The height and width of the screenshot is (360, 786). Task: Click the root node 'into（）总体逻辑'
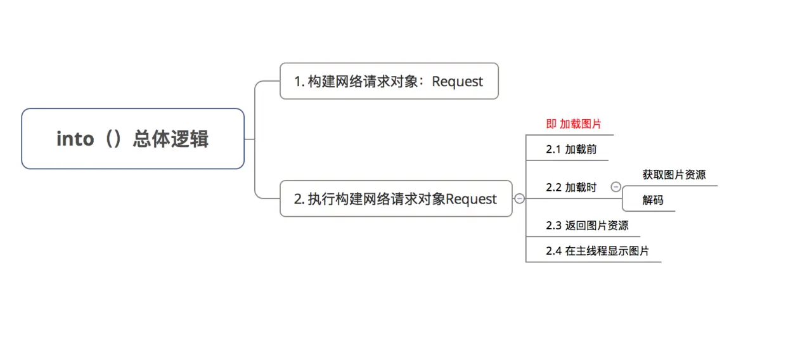click(x=132, y=139)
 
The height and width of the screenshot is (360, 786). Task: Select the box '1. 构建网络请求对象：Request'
click(x=389, y=81)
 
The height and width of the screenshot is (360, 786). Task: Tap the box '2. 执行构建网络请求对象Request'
click(x=396, y=198)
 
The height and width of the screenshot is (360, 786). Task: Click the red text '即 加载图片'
click(x=574, y=124)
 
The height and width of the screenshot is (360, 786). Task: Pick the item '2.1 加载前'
click(x=570, y=150)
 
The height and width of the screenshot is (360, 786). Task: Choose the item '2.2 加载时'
click(x=570, y=188)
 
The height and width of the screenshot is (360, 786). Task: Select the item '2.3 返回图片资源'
click(x=587, y=226)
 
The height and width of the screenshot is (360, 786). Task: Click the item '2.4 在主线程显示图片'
click(x=597, y=251)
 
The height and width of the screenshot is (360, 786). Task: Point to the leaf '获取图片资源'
click(x=674, y=175)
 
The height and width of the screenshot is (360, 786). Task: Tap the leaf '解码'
click(x=653, y=200)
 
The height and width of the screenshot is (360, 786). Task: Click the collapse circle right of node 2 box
click(x=519, y=198)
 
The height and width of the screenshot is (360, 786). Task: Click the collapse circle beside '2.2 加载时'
click(x=615, y=187)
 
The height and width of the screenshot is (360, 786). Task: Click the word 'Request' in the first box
click(x=457, y=82)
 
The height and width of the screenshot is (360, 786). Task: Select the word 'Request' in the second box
click(x=472, y=199)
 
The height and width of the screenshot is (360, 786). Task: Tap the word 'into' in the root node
click(x=75, y=139)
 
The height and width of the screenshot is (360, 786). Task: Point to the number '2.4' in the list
click(x=553, y=251)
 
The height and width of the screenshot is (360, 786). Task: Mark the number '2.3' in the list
click(x=553, y=226)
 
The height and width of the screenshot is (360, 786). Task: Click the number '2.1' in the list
click(x=553, y=150)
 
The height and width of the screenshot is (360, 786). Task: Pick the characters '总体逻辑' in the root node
click(x=171, y=139)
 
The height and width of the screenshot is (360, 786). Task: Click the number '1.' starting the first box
click(x=299, y=82)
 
